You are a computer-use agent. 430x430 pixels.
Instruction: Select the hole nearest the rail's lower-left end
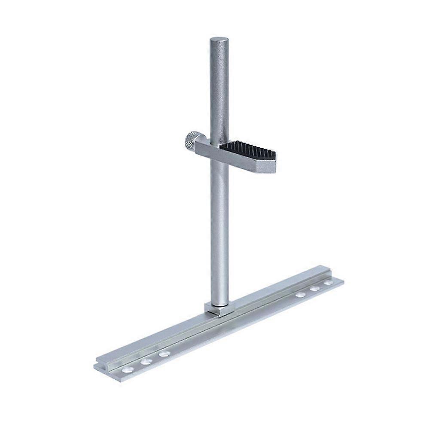(127, 369)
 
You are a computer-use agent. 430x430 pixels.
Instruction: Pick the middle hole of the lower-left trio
(146, 362)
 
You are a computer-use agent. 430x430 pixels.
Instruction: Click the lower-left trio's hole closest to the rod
(164, 354)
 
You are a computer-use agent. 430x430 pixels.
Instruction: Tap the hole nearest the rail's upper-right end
(328, 283)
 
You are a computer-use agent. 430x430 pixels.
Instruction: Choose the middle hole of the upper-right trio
(315, 289)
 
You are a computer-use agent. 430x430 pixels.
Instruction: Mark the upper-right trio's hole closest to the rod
(301, 295)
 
